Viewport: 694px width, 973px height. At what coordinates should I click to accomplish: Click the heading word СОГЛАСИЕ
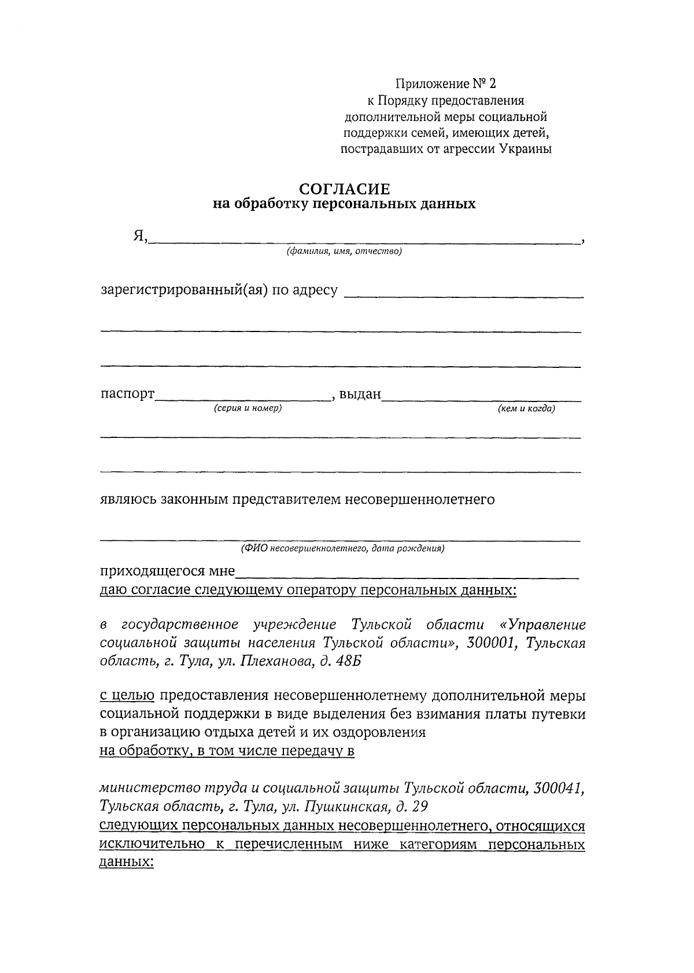pyautogui.click(x=344, y=189)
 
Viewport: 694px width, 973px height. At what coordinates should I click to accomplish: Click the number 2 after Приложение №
pyautogui.click(x=492, y=84)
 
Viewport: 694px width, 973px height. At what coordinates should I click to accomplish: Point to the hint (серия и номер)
pyautogui.click(x=248, y=408)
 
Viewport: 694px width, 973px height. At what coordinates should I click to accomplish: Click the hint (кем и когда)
pyautogui.click(x=526, y=408)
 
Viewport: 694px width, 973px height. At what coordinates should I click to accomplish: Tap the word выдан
pyautogui.click(x=360, y=395)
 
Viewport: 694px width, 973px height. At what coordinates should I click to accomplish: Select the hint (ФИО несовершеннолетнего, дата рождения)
pyautogui.click(x=342, y=548)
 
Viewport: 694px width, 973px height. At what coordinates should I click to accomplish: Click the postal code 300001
pyautogui.click(x=490, y=643)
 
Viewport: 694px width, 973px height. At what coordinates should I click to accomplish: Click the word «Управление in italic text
pyautogui.click(x=542, y=625)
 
